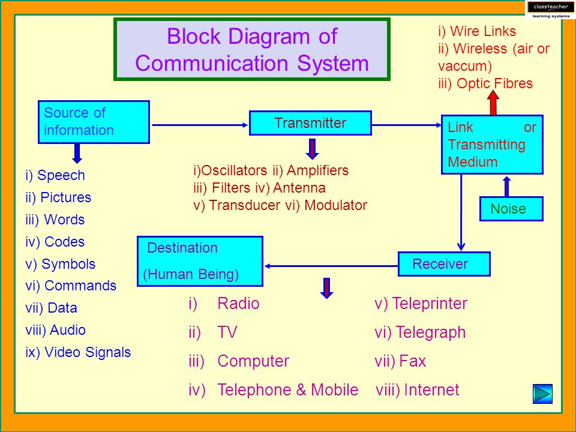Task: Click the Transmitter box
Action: coord(310,123)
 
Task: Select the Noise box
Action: coord(511,209)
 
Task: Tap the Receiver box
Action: coord(444,264)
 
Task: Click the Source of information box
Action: coord(94,122)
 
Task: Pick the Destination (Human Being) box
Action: coord(200,261)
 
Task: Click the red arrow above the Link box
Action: coord(493,103)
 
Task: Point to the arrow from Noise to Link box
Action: coord(507,187)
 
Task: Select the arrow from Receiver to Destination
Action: coord(331,266)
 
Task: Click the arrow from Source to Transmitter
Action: coord(200,125)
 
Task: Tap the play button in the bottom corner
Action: coord(542,394)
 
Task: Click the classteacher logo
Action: coord(550,10)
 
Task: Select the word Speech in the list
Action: coord(61,175)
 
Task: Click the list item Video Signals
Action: coord(88,352)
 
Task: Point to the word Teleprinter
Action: coord(430,304)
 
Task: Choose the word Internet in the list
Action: coord(431,390)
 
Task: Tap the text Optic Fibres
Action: coord(494,83)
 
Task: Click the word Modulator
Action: coord(336,205)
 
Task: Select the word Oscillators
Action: coord(235,170)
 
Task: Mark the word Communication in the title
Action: coord(212,63)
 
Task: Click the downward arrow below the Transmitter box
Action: coord(312,148)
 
